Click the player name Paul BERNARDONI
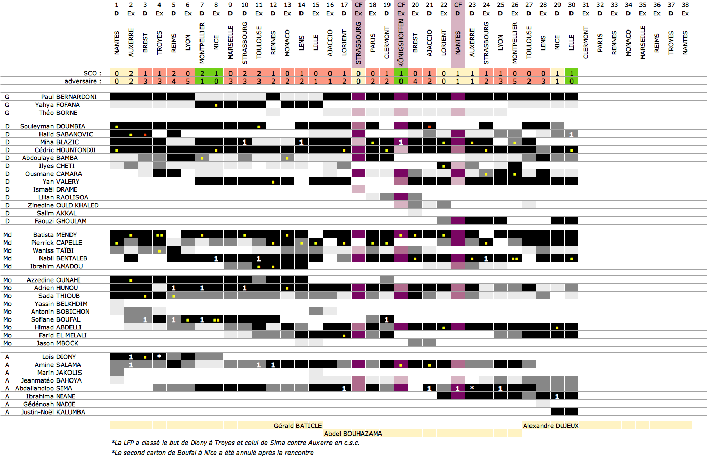(69, 97)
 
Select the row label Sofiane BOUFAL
(56, 319)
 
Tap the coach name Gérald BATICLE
(297, 426)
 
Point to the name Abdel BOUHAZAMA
(353, 434)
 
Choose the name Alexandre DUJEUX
(551, 426)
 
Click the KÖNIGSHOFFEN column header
(401, 43)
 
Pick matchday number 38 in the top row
(685, 5)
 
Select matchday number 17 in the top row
(344, 5)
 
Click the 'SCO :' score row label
(92, 73)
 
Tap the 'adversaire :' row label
(83, 81)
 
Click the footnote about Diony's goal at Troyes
(235, 443)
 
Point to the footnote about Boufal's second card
(212, 453)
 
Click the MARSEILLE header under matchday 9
(231, 43)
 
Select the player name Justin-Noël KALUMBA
(53, 412)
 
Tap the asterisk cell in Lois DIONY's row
(159, 357)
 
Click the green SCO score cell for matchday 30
(572, 73)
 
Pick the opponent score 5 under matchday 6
(188, 81)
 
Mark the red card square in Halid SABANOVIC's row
(145, 134)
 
